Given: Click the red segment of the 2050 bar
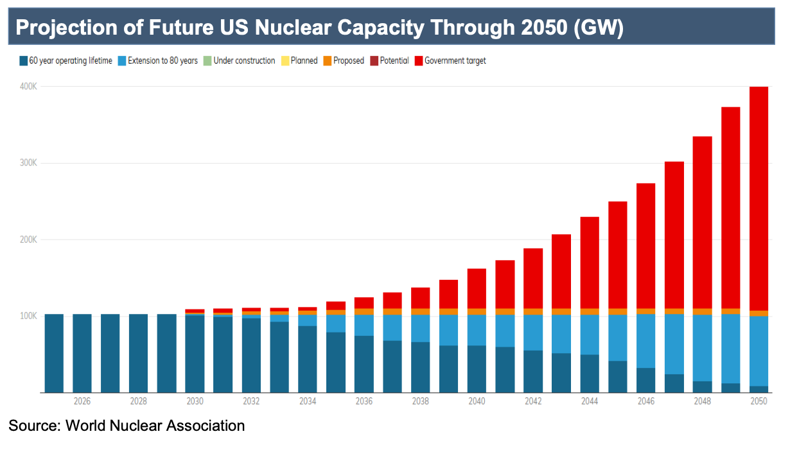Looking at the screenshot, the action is pos(759,198).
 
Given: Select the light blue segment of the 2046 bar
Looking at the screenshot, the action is pos(645,341).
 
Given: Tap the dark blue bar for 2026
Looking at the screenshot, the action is pos(82,353).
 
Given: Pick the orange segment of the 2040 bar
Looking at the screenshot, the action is pos(477,311).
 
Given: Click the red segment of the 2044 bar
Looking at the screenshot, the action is pos(590,263).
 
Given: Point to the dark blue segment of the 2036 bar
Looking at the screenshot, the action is pos(364,364).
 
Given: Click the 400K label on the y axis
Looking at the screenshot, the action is pos(28,87).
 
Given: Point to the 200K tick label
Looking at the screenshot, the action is pos(28,239).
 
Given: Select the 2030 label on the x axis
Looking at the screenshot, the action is pos(195,401).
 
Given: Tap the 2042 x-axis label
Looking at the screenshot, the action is pos(533,401).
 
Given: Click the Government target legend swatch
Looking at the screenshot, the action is pos(419,60).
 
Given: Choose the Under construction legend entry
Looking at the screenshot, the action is pos(240,60).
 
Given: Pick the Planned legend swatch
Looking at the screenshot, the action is pos(285,60).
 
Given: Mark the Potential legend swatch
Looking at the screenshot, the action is pos(374,60).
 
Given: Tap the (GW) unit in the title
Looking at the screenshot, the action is pos(599,28).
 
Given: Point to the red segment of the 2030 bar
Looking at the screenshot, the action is pos(195,311).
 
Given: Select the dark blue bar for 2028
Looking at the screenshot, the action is pos(139,353).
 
